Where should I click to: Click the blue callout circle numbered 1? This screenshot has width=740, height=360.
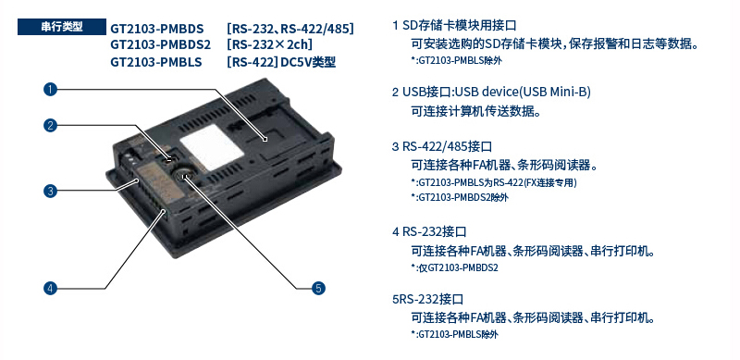[x=50, y=89]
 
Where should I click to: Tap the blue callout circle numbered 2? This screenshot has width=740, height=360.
[x=50, y=125]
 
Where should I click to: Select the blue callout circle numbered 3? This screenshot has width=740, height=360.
[x=50, y=191]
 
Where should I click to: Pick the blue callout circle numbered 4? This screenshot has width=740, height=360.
[x=50, y=288]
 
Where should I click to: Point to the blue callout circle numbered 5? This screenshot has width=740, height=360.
[x=318, y=288]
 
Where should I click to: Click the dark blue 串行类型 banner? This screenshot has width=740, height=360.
[x=62, y=27]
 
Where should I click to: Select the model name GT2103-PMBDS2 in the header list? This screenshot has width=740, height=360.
[x=160, y=45]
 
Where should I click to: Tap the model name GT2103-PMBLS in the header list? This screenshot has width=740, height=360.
[x=156, y=62]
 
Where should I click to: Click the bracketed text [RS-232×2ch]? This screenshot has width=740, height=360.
[x=269, y=45]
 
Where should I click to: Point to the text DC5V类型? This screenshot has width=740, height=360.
[x=308, y=62]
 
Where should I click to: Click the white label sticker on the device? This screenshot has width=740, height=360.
[x=212, y=147]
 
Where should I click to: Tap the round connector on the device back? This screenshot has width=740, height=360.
[x=184, y=175]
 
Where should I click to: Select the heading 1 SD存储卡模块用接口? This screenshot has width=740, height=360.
[x=454, y=26]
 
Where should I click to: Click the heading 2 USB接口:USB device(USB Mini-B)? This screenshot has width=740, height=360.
[x=491, y=92]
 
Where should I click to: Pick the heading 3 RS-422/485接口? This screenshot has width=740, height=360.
[x=442, y=146]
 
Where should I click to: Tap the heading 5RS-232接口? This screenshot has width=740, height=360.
[x=427, y=299]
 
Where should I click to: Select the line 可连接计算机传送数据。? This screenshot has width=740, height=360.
[x=475, y=112]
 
